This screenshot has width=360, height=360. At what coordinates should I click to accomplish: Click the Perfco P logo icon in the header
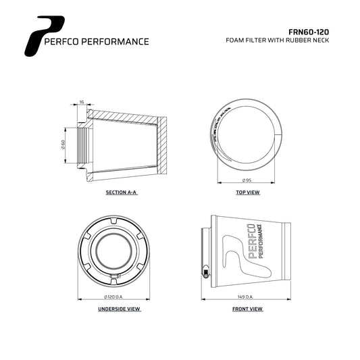(x=39, y=36)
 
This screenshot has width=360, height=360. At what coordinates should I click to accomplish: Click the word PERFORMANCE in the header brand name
(x=119, y=41)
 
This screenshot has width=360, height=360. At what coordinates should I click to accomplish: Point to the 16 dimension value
(x=82, y=102)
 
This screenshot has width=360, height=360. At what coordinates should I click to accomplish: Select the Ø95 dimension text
(x=247, y=182)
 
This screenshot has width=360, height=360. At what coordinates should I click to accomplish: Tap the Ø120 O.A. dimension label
(x=115, y=297)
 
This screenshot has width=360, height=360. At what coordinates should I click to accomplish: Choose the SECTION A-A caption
(x=121, y=192)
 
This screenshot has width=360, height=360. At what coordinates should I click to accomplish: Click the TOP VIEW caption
(x=247, y=192)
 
